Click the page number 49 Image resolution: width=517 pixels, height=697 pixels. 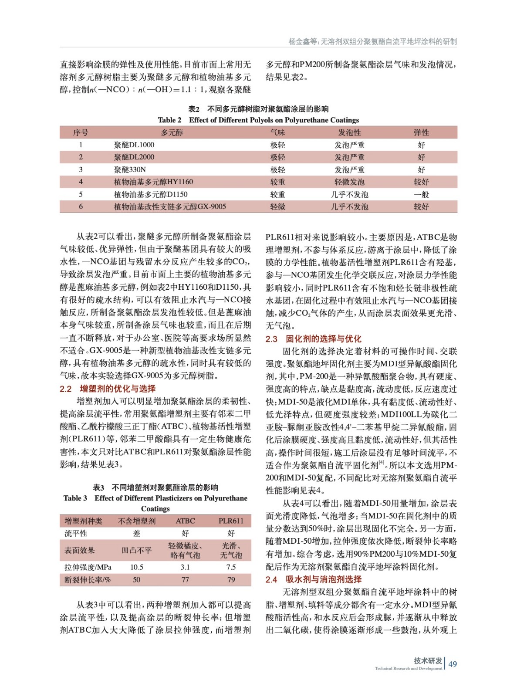pos(453,664)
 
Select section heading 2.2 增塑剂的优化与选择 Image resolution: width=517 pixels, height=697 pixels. pos(108,389)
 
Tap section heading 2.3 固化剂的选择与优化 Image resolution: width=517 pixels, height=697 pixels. pos(313,338)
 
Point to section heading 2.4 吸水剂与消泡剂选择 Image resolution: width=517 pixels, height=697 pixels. pos(313,579)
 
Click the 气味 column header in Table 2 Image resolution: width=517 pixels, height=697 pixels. pos(277,132)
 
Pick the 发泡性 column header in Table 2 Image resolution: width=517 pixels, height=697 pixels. pos(349,132)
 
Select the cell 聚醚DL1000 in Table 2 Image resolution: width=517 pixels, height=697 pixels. pos(134,145)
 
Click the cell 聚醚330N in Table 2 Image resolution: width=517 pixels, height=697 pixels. pos(130,169)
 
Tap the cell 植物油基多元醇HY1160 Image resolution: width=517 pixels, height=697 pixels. pos(153,182)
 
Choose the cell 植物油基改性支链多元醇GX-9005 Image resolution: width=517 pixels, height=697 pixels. pos(170,206)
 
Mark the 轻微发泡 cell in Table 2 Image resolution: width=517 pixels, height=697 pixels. pos(349,182)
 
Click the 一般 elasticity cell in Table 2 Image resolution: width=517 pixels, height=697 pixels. pos(421,194)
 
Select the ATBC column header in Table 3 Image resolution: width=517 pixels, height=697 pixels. pos(185,521)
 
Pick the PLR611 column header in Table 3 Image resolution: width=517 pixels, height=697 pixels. pos(231,521)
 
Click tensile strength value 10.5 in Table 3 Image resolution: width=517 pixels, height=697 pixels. pos(137,567)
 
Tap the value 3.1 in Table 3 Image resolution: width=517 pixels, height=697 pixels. pos(185,567)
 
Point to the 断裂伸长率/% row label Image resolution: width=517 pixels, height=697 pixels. pos(88,580)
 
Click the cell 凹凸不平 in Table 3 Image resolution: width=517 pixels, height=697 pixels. pos(137,550)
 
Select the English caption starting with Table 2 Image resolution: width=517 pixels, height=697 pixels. pos(258,120)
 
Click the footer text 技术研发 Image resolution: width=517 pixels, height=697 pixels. pos(428,660)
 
